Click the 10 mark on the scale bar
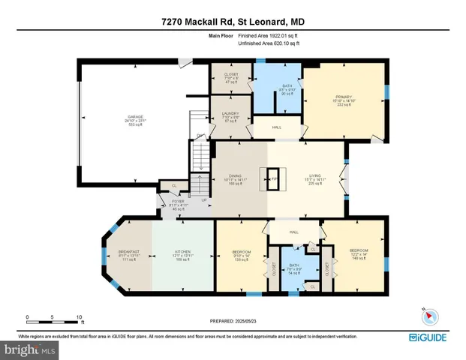tap(78, 317)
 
